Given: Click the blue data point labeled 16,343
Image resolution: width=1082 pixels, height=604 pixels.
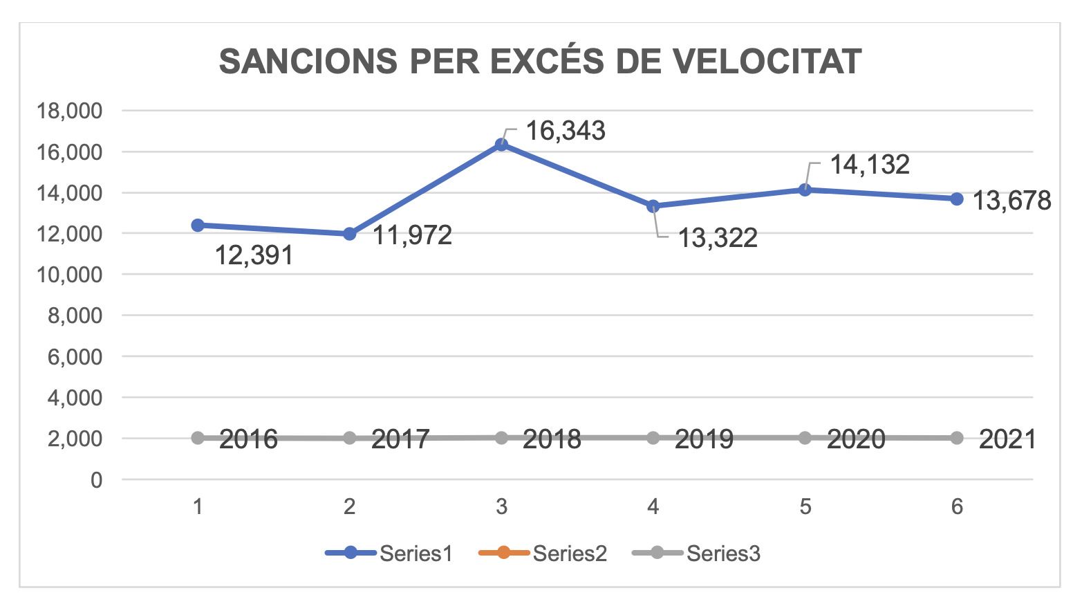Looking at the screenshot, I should (501, 145).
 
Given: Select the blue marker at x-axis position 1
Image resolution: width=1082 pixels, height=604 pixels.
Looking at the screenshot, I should (198, 225).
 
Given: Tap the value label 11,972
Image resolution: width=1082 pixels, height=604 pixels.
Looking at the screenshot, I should (412, 235).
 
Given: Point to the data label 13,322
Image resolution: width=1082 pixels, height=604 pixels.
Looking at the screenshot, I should (717, 238).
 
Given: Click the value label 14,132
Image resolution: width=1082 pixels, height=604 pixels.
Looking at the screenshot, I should (869, 165).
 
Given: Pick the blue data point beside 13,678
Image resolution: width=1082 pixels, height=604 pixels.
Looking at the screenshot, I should (957, 199).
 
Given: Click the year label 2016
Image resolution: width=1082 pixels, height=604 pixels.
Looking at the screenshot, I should (248, 439).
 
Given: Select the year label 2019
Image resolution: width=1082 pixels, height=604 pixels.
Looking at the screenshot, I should (704, 439).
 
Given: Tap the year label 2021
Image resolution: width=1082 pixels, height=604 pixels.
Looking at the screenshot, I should (1007, 439).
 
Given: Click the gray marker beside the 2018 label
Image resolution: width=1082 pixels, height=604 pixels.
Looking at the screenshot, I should (501, 438).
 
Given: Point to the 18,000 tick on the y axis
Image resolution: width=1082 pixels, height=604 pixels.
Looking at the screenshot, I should (69, 111).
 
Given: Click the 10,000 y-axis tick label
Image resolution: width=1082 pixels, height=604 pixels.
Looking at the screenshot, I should (69, 275).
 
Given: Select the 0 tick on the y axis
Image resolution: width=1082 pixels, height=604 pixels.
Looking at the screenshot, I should (96, 479).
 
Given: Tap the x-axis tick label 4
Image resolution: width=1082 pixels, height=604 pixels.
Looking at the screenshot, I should (653, 507).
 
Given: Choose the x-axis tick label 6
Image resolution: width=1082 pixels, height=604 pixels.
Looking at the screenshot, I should (957, 507).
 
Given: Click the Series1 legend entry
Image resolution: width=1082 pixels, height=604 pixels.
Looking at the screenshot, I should (389, 553).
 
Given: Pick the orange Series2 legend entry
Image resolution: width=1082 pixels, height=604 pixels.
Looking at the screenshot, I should (543, 553).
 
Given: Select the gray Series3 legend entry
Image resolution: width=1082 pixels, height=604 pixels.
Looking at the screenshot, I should (696, 553).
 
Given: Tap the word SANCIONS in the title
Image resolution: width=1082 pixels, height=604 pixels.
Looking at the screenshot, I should (308, 62).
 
